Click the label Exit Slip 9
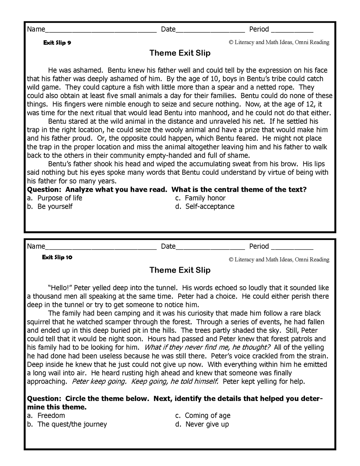57,43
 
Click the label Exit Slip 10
57,257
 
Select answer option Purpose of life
59,198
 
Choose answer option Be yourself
55,207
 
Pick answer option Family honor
205,198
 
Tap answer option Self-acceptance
210,207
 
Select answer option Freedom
51,416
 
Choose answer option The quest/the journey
72,424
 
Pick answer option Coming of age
207,416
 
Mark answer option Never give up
207,424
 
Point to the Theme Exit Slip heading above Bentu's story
180,53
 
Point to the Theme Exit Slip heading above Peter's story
180,270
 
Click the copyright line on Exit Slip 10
279,260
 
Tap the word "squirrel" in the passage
39,322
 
